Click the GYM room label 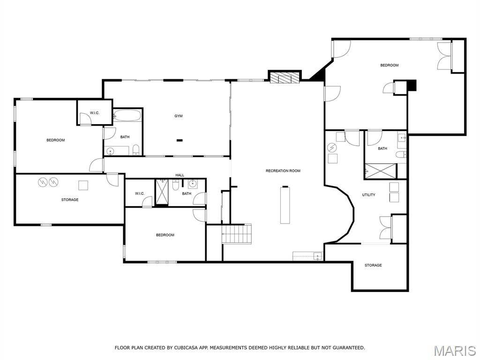[179, 116]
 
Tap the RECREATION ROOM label [283, 171]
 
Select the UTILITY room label [368, 195]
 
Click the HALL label [180, 175]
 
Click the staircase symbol [237, 234]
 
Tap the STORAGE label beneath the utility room [373, 265]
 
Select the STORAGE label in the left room [70, 200]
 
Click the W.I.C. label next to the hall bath [140, 194]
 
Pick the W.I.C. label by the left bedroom [95, 113]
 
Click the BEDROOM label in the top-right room [389, 65]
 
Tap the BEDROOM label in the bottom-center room [165, 235]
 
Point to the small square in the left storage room [83, 185]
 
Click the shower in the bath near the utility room [380, 171]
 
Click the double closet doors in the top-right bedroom [444, 56]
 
